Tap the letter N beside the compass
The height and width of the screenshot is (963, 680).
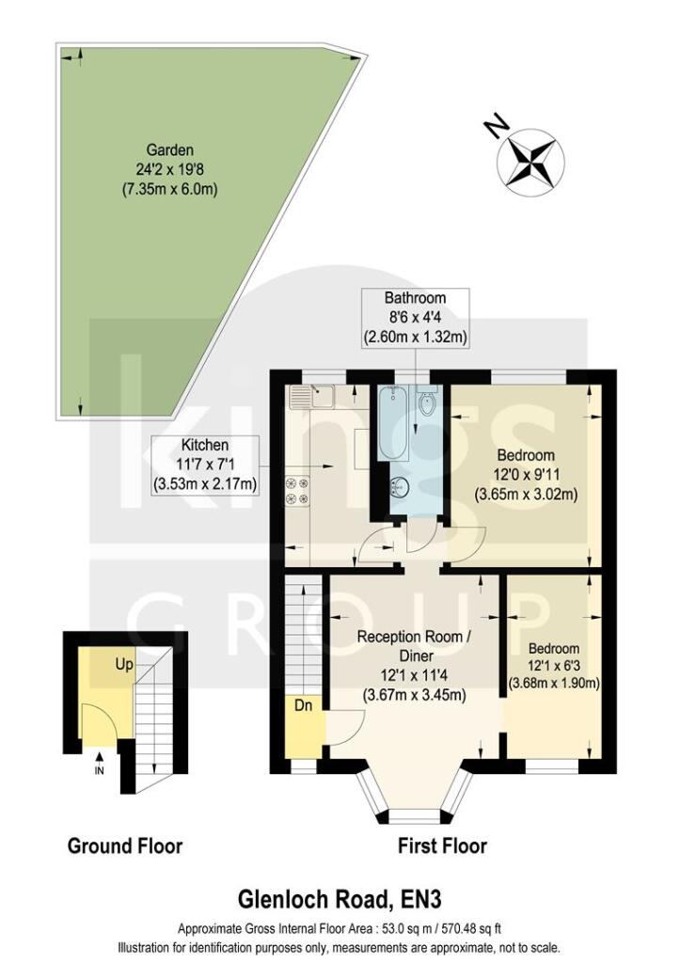click(492, 124)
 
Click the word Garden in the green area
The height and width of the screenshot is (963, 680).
click(169, 150)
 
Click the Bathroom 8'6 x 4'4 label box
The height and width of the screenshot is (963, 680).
click(415, 317)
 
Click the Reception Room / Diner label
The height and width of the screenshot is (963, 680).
click(414, 646)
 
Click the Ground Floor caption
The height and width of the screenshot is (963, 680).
click(125, 846)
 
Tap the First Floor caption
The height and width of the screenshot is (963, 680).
click(441, 846)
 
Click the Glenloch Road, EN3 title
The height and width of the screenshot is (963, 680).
click(340, 904)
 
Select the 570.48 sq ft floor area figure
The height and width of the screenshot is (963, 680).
click(452, 929)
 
